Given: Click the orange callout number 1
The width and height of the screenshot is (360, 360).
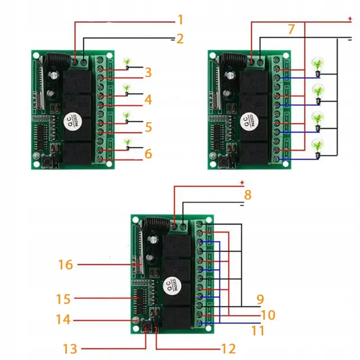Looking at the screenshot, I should coord(180,20).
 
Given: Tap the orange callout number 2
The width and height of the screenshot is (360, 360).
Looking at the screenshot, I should coord(180,39).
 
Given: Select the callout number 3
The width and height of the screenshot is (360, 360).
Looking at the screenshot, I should coord(148,72).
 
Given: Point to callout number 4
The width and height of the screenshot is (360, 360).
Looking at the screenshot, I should coord(148,100).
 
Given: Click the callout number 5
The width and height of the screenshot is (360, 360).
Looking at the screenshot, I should coord(148,127).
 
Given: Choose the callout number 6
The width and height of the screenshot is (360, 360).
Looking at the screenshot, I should coord(148,153).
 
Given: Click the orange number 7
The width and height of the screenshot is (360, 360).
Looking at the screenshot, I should coord(291,30).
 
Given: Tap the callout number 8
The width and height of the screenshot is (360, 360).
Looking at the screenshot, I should coord(247,196).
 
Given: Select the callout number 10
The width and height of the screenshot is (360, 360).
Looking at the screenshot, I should coord(268,315).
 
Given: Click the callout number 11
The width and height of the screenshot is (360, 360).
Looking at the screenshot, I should coord(258,331).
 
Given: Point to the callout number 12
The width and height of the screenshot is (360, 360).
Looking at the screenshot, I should coord(228,349).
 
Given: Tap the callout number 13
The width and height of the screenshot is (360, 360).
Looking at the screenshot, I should coord(70,349).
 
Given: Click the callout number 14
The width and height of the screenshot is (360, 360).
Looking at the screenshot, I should coord(64,319).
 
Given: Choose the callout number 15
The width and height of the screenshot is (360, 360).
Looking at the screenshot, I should coord(64,298).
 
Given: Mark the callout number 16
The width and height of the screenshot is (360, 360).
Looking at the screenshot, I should coord(65,264).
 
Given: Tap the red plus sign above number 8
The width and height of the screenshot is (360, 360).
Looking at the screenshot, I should coord(242,183).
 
